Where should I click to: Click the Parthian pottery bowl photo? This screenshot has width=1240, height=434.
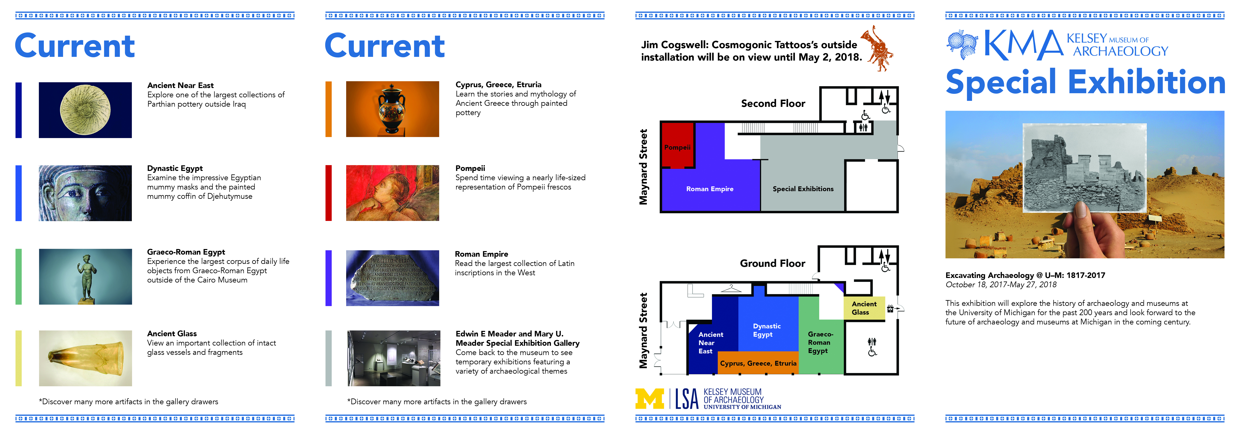coord(85,110)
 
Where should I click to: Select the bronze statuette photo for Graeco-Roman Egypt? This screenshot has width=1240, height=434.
coord(85,277)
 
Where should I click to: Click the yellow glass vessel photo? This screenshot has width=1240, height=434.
coord(85,358)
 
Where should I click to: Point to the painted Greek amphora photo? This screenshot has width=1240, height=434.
coord(392,109)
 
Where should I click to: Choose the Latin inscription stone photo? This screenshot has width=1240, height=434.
coord(392,278)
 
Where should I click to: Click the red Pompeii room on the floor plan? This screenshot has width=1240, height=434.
coord(677,144)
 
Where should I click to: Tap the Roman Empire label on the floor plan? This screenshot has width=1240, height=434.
coord(709,189)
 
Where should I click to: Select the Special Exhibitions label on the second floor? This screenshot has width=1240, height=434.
coord(803,189)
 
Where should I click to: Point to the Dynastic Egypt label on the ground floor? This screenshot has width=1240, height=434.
coord(766,330)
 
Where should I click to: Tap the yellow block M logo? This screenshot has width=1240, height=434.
coord(649,399)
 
